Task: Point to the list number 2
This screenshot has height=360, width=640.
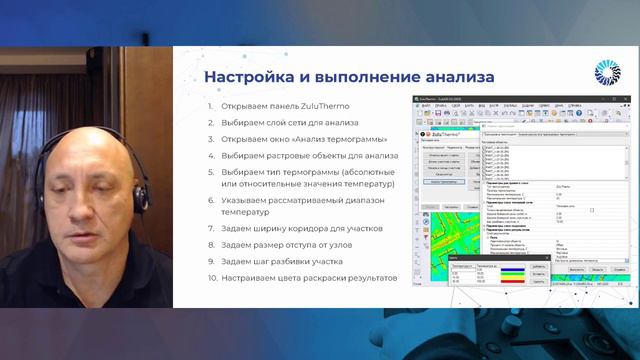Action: [x=210, y=123]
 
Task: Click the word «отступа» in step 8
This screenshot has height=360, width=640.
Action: [x=311, y=245]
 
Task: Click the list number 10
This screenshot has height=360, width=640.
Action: [x=211, y=277]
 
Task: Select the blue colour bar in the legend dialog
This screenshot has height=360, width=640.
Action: [x=502, y=267]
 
